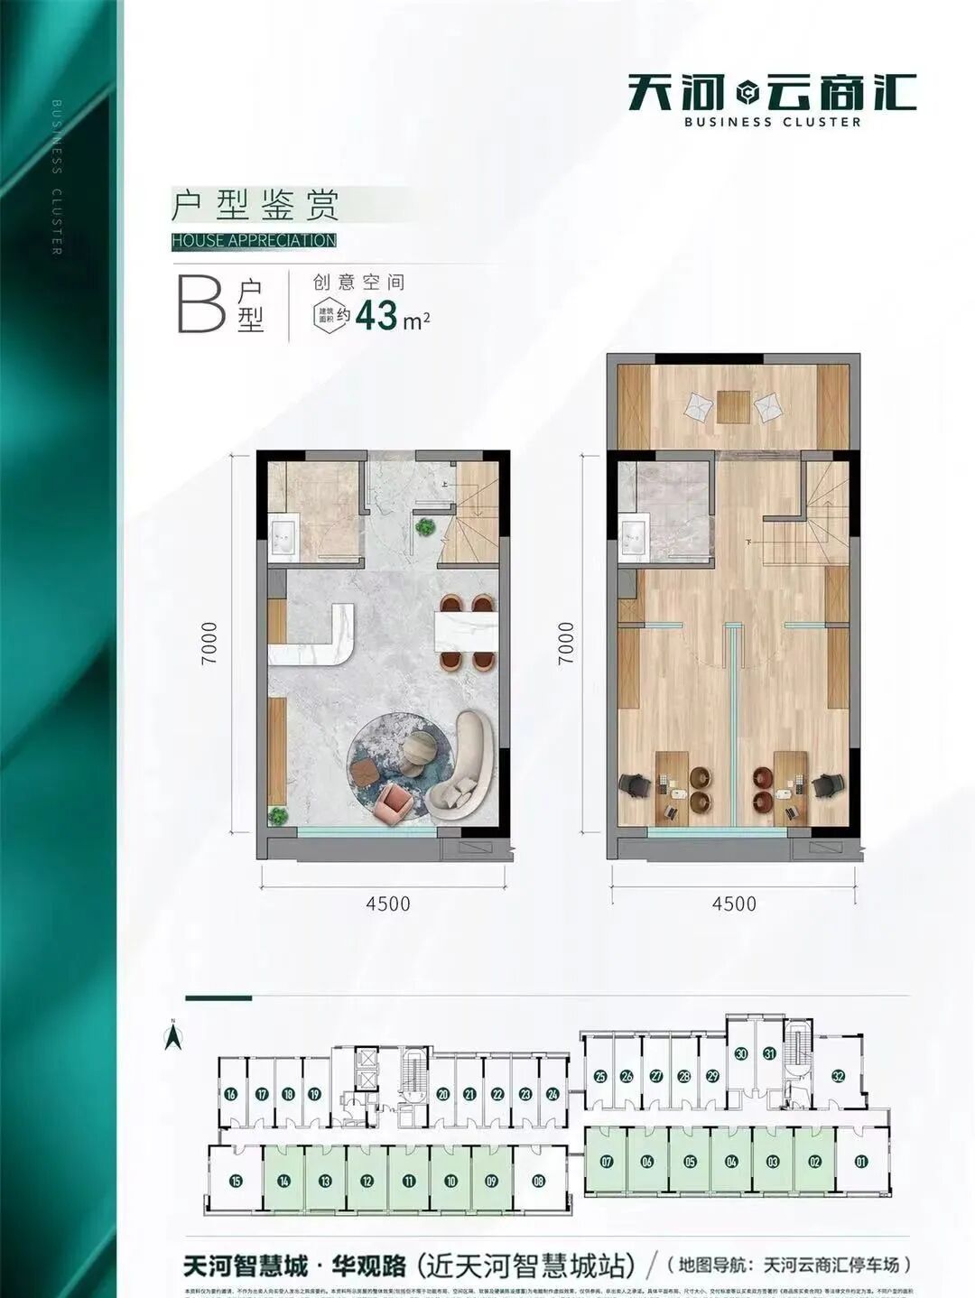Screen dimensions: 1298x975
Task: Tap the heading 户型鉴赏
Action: [x=255, y=205]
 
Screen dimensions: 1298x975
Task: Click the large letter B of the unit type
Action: [x=201, y=303]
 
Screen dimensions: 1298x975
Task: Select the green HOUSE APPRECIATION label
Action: [x=254, y=241]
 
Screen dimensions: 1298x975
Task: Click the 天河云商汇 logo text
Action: [x=772, y=92]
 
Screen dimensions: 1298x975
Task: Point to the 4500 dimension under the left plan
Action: [x=388, y=903]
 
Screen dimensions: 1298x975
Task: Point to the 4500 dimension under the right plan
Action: [x=733, y=903]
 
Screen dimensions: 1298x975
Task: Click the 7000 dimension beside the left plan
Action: [x=209, y=643]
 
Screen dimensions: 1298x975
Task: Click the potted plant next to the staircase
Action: [x=423, y=525]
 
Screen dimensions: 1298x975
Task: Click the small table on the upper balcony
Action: [x=733, y=406]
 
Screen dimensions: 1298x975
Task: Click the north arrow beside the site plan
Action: [x=171, y=1035]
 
